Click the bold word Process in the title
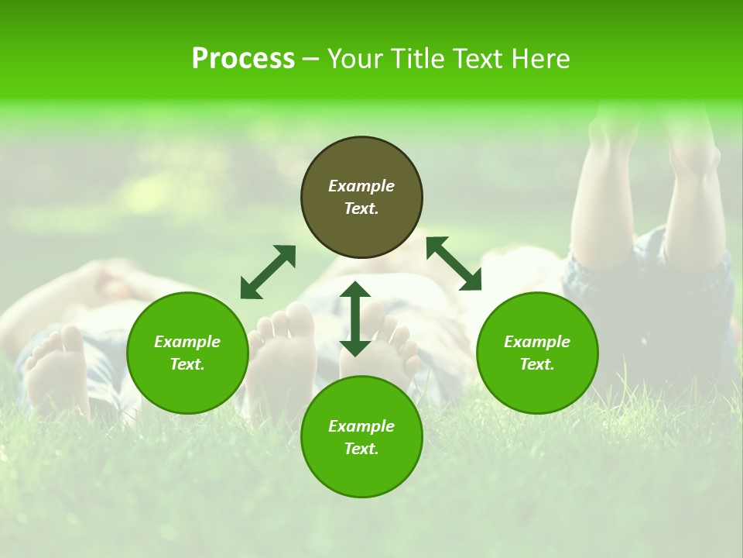(x=243, y=59)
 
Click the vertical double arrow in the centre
(x=355, y=319)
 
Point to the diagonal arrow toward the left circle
(x=268, y=271)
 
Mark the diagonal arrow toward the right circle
(x=454, y=263)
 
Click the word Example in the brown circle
(x=361, y=186)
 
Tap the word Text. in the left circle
(x=187, y=364)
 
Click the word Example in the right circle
(x=537, y=342)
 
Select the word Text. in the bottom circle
(x=361, y=449)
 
